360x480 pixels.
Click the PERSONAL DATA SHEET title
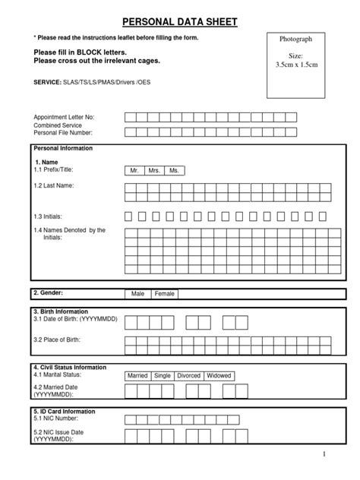(179, 23)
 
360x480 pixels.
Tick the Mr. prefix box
(134, 171)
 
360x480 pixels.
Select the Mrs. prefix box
(154, 171)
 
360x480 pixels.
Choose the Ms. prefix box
(175, 171)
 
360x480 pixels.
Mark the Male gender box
(137, 293)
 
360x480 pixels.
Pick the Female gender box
(165, 293)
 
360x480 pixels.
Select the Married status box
(137, 375)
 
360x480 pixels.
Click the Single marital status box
(162, 375)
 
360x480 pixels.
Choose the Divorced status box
(188, 375)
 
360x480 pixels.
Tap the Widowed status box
(219, 375)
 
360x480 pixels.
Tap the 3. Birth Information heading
(61, 311)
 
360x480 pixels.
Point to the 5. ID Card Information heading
(65, 411)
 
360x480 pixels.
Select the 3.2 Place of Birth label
(57, 339)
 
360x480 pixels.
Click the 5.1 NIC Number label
(56, 418)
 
